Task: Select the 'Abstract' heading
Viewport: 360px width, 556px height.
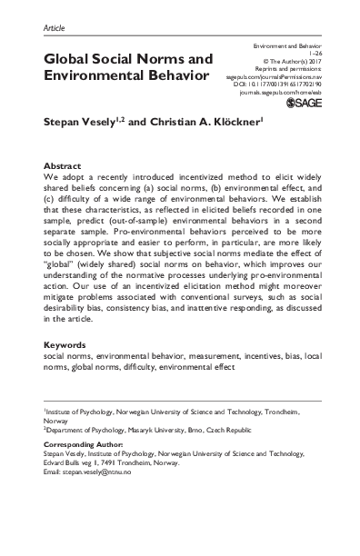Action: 63,167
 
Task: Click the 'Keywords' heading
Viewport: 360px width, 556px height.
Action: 65,372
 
